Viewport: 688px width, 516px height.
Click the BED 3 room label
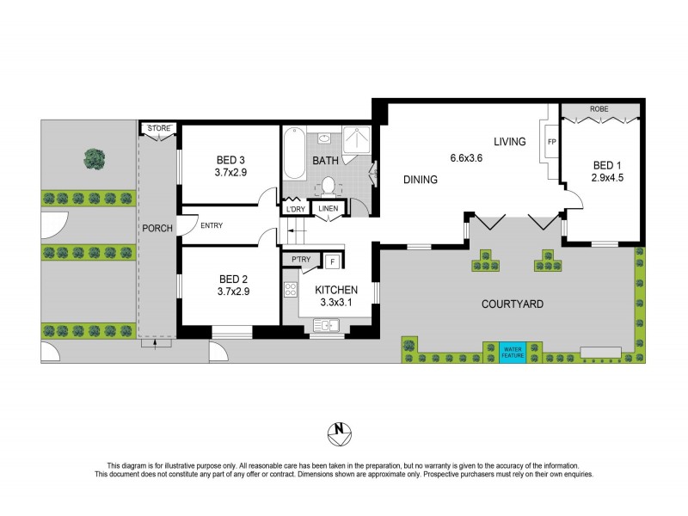(230, 160)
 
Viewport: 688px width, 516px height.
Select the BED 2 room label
(230, 279)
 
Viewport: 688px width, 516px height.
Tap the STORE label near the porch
(159, 129)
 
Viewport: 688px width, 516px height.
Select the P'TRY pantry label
(301, 259)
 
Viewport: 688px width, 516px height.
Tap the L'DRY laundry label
(296, 208)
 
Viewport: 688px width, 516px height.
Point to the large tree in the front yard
(93, 158)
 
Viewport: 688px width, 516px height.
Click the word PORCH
(158, 228)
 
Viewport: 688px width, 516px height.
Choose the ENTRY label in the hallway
(212, 226)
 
